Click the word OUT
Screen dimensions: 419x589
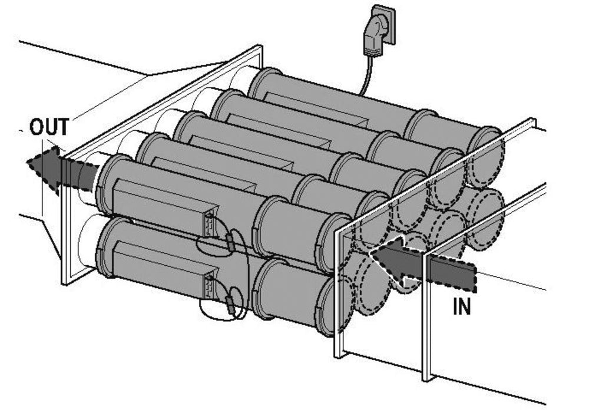click(49, 127)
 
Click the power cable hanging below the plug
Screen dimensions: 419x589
click(366, 77)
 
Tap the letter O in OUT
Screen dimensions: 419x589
click(37, 127)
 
